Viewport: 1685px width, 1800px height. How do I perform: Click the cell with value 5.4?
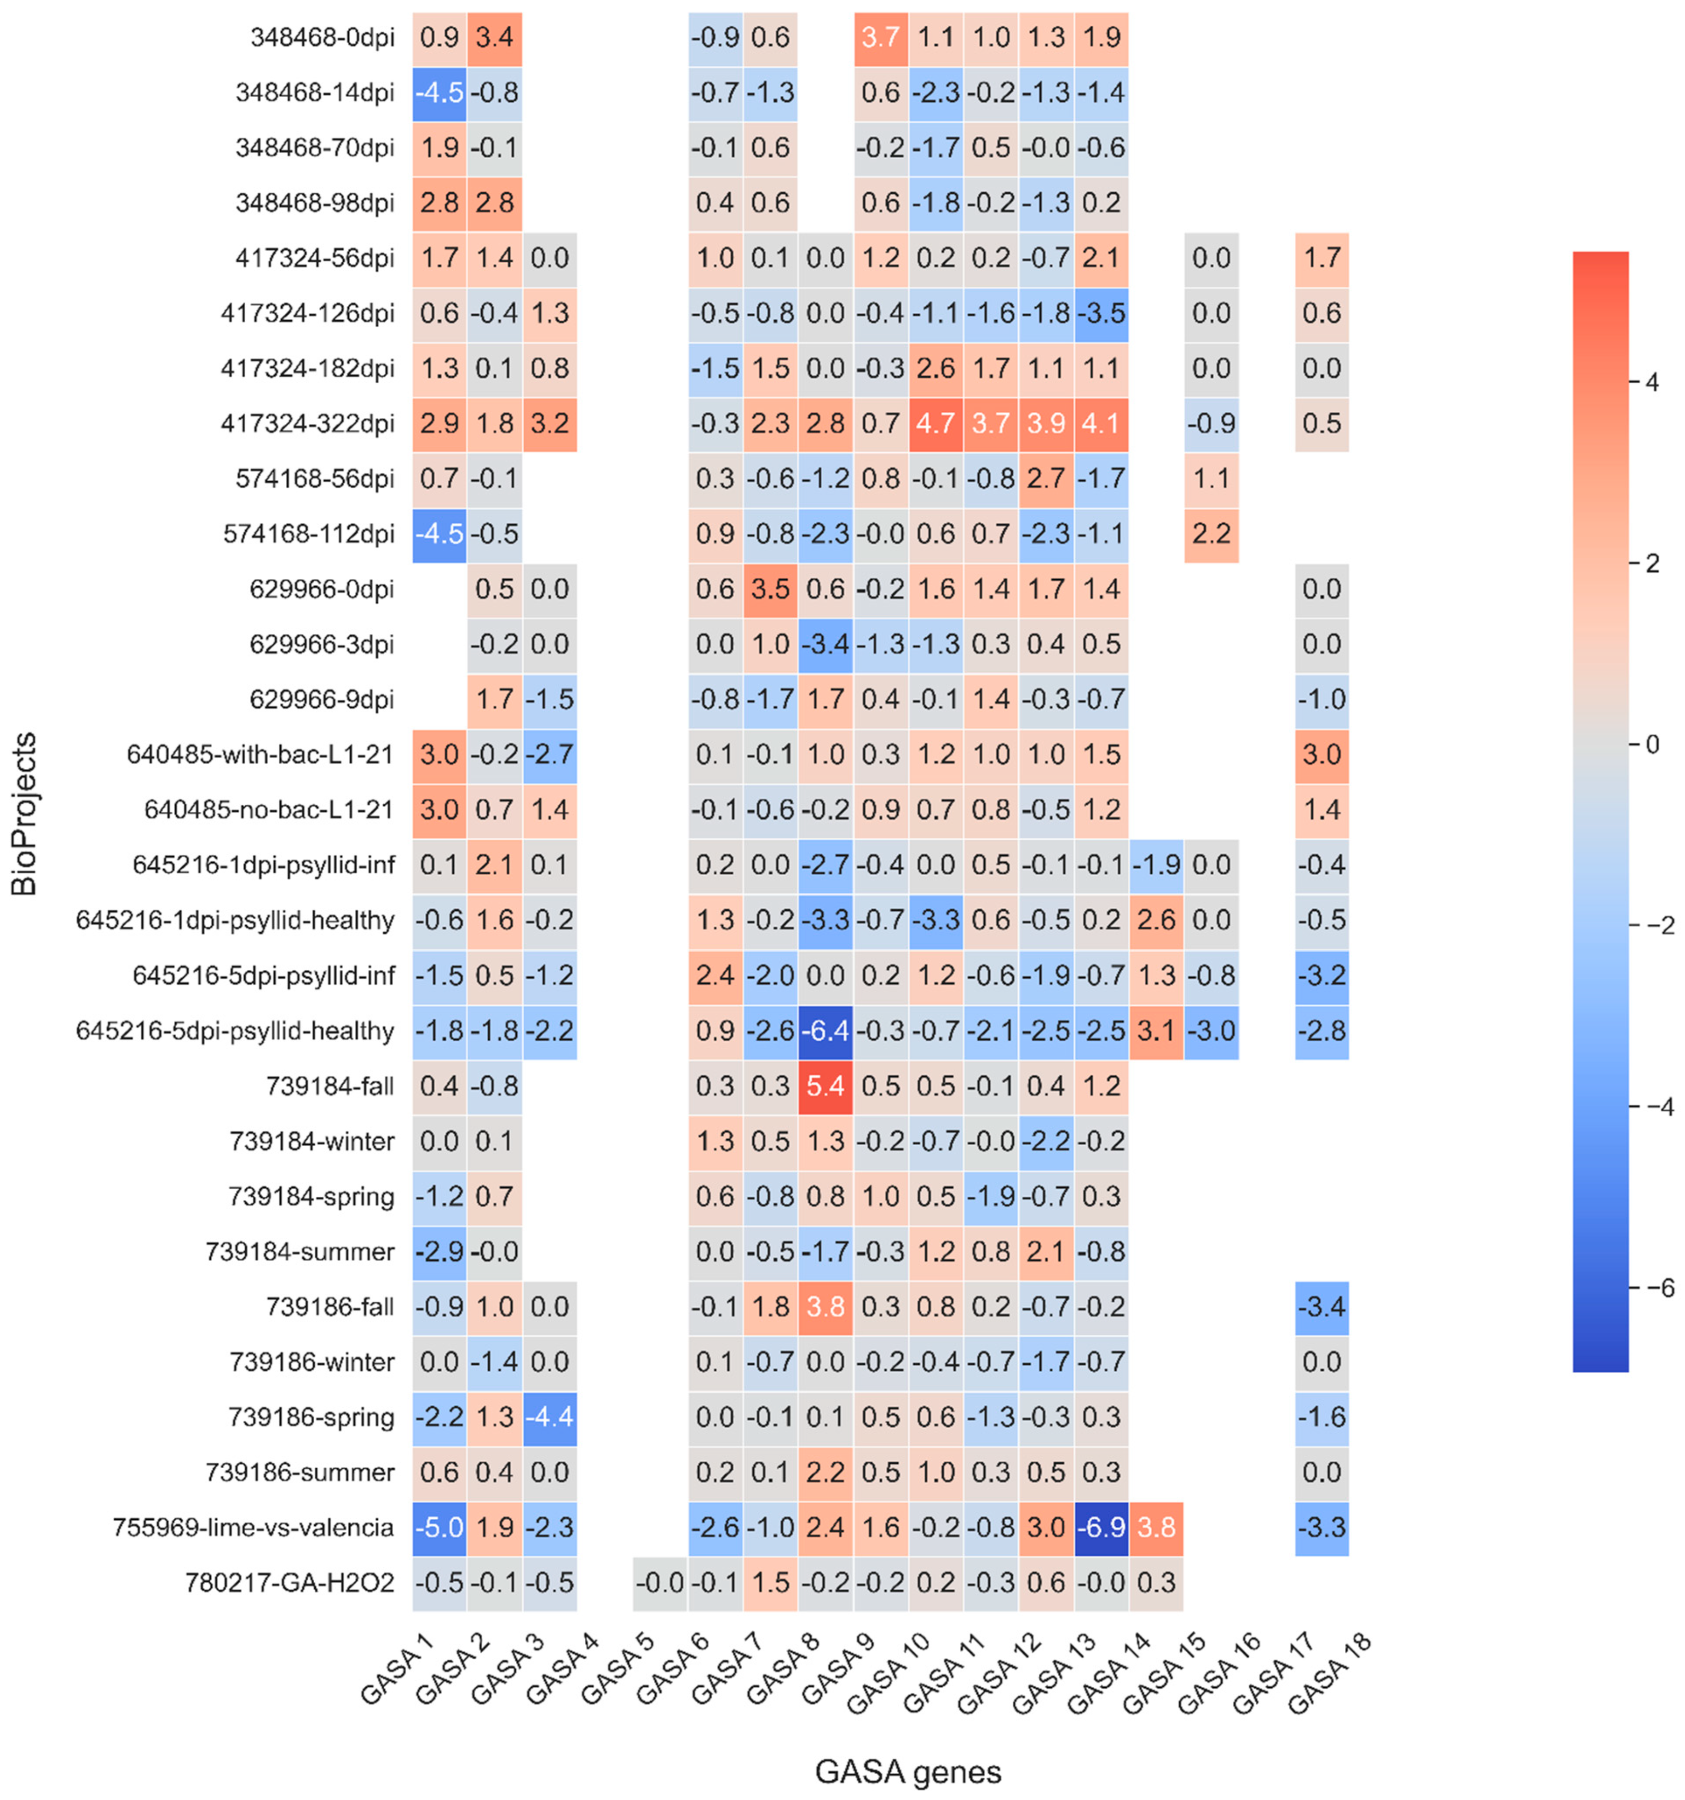click(825, 1085)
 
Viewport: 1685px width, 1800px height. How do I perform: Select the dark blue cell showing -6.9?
click(1101, 1528)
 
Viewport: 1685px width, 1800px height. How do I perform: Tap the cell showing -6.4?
click(825, 1030)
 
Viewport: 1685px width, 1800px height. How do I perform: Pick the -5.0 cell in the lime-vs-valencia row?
click(439, 1528)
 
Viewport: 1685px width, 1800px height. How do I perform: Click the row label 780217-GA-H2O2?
click(290, 1583)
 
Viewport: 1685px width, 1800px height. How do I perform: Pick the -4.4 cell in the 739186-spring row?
click(549, 1417)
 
